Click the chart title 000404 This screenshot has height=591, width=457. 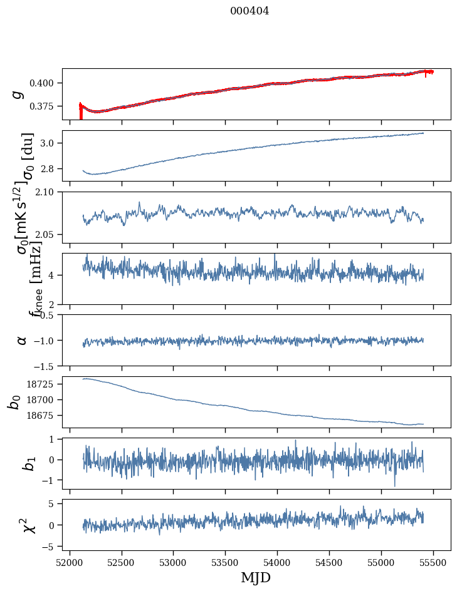(250, 11)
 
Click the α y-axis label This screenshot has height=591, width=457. (22, 340)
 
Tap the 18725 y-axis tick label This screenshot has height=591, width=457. (43, 384)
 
